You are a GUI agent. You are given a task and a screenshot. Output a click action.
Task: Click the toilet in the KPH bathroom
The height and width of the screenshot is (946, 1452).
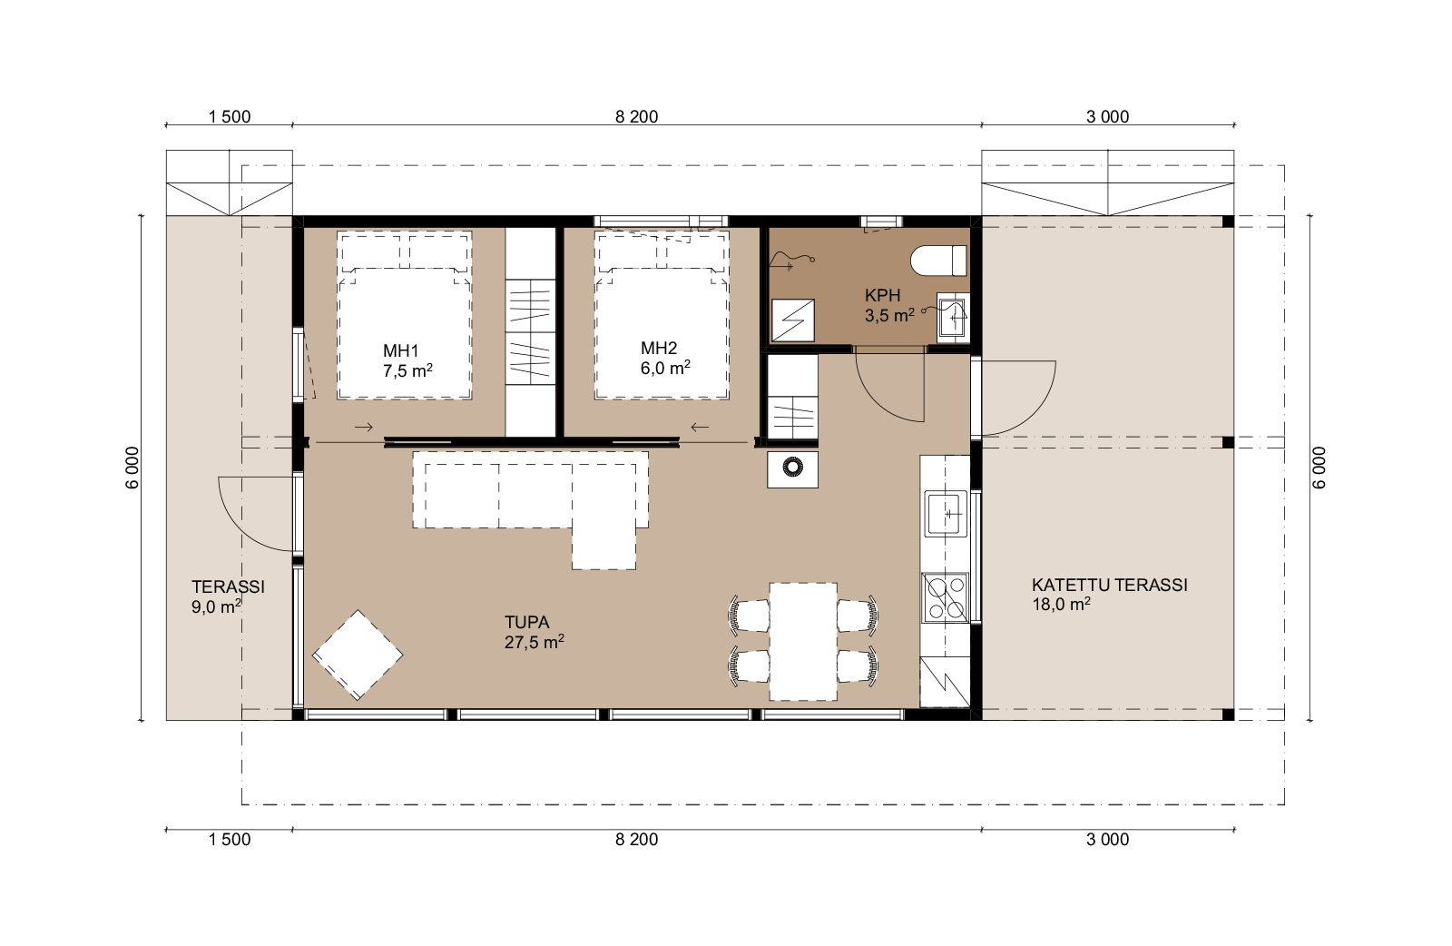[x=938, y=261]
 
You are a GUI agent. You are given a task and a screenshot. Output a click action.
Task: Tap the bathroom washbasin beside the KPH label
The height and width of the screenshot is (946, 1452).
[x=953, y=317]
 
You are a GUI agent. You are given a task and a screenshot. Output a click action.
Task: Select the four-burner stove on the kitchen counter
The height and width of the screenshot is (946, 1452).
[x=946, y=597]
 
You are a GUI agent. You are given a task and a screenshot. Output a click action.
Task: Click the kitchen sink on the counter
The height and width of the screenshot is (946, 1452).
[x=945, y=514]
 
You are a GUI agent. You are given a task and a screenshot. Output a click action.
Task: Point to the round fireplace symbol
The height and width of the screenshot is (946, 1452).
[x=793, y=467]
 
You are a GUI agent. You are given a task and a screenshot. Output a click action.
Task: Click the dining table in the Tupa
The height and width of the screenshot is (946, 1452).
[x=803, y=641]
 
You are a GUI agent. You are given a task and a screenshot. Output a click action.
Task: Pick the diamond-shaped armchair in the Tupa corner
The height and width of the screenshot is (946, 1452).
[x=358, y=655]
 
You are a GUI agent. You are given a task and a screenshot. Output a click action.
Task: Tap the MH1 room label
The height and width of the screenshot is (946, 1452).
[x=401, y=350]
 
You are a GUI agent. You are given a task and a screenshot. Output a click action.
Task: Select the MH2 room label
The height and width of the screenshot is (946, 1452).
[x=659, y=349]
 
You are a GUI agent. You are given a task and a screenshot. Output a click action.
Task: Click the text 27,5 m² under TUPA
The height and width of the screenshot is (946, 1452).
[x=535, y=642]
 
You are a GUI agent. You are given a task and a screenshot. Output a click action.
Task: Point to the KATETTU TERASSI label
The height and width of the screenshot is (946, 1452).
[x=1110, y=585]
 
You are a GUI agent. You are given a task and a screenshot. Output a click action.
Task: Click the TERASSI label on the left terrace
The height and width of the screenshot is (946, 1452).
[x=228, y=586]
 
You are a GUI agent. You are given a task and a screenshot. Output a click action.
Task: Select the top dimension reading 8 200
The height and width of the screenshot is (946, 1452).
[x=636, y=117]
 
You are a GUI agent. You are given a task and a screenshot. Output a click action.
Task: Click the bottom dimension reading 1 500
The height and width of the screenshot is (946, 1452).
[x=230, y=840]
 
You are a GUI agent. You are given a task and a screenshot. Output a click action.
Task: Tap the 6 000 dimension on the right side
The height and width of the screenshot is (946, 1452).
[x=1320, y=468]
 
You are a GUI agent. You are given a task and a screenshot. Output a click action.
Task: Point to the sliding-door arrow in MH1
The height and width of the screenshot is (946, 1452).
[x=364, y=427]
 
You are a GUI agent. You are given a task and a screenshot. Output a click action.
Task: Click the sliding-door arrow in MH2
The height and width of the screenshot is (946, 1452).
[x=700, y=427]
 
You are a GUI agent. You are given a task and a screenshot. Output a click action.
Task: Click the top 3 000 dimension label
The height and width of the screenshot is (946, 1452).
[x=1108, y=117]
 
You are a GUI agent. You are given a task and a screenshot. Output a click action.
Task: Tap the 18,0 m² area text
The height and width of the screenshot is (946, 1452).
[x=1061, y=605]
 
